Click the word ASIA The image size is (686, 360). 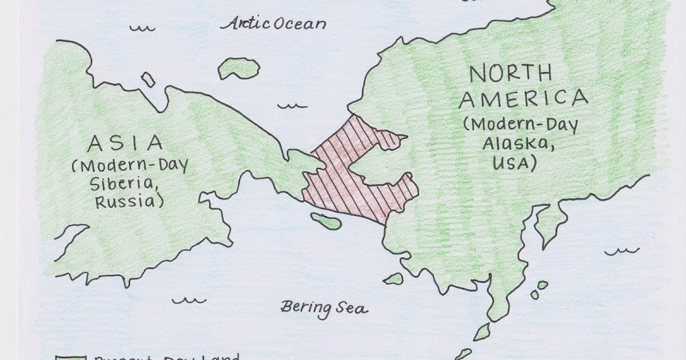(x=125, y=143)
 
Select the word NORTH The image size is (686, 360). (x=510, y=74)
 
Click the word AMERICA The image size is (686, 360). (x=523, y=99)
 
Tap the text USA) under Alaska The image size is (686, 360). (x=514, y=164)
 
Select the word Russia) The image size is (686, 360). (x=129, y=202)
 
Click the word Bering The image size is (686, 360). (x=305, y=307)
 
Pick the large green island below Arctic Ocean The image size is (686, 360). (x=238, y=68)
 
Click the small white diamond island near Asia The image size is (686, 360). (x=148, y=80)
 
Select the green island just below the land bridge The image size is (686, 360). (x=326, y=221)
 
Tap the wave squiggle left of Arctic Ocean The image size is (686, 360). (x=142, y=27)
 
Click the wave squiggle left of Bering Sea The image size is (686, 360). (x=189, y=299)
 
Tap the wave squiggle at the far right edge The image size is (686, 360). (x=622, y=250)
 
